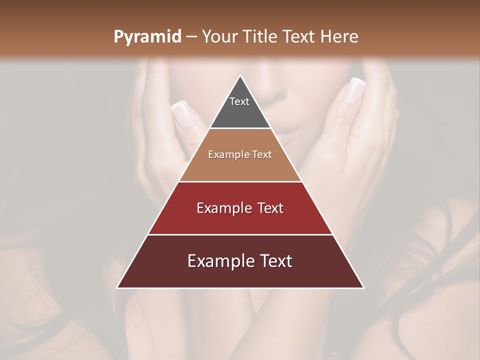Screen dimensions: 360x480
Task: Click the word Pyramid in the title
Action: click(x=147, y=36)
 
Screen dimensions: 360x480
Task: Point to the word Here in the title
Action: click(x=339, y=36)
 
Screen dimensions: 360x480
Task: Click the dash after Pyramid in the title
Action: click(x=190, y=37)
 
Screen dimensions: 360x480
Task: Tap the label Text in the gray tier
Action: click(x=239, y=101)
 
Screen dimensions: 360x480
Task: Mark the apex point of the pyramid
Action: click(x=240, y=76)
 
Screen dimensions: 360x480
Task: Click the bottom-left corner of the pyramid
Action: click(x=117, y=287)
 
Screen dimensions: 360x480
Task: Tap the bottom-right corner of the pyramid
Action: click(x=363, y=287)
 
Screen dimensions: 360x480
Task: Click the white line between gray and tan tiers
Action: click(x=240, y=128)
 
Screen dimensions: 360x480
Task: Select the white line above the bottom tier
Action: click(x=240, y=234)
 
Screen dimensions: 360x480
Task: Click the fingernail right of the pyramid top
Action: click(x=354, y=90)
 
